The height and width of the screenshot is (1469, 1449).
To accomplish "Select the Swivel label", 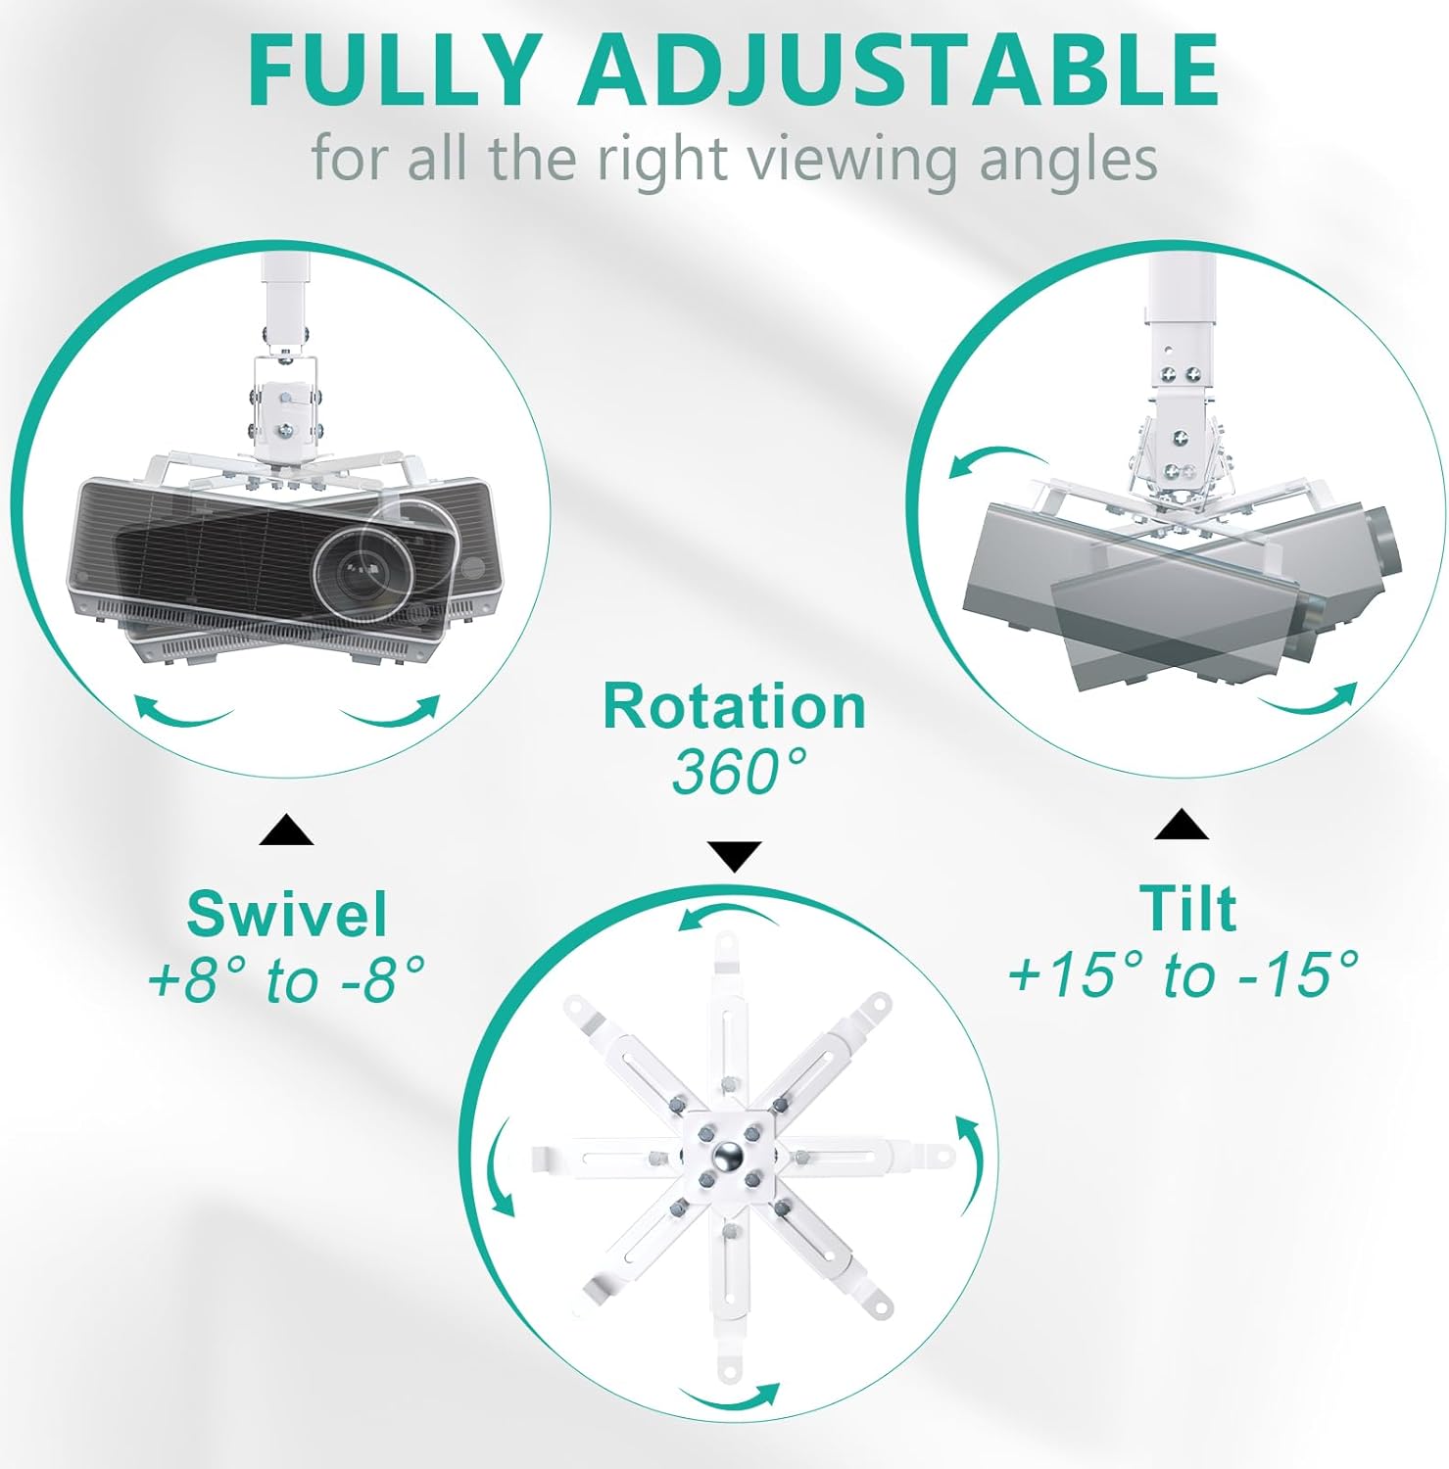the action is [x=287, y=914].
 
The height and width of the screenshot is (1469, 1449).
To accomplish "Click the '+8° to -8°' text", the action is [x=286, y=979].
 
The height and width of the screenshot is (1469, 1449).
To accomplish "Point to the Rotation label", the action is [x=735, y=706].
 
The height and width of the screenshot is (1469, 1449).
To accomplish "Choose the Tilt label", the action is [x=1187, y=909].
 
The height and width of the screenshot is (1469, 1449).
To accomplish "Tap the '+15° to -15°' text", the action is [x=1184, y=974].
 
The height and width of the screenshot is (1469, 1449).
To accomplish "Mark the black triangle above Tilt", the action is [x=1182, y=825].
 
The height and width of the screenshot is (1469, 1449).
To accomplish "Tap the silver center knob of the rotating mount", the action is [x=727, y=1157].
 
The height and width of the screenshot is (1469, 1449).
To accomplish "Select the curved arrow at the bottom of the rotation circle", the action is [x=729, y=1400].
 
